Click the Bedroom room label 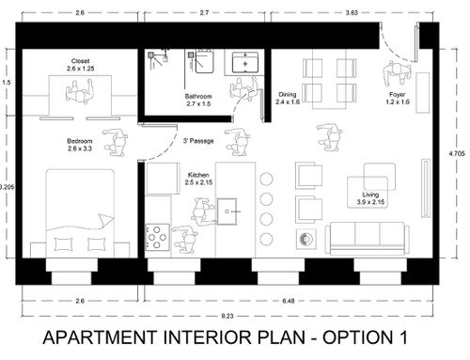[x=80, y=145]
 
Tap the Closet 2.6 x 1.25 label [x=80, y=65]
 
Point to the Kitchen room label [x=198, y=179]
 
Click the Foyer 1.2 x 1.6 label [x=398, y=98]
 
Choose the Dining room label [x=288, y=98]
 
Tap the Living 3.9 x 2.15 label [x=370, y=198]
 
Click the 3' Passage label [x=198, y=141]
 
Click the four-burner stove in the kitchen [x=157, y=237]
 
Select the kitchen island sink [x=227, y=211]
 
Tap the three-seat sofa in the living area [x=368, y=239]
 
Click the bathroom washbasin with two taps [x=245, y=63]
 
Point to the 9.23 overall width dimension [x=227, y=316]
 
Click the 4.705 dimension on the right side [x=457, y=153]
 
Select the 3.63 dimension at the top [x=352, y=13]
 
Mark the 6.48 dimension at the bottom [x=289, y=301]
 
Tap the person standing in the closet [x=80, y=92]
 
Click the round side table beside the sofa [x=306, y=239]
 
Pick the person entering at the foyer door [x=396, y=73]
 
